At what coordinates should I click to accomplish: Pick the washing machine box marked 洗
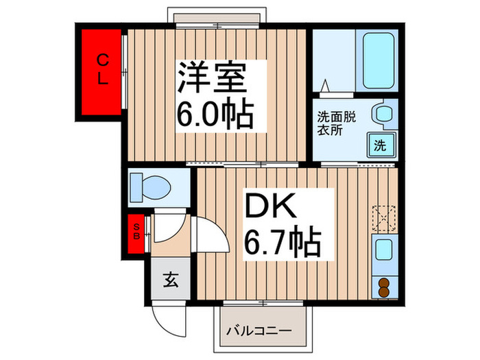[x=380, y=145]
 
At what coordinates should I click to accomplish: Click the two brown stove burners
[x=383, y=287]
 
